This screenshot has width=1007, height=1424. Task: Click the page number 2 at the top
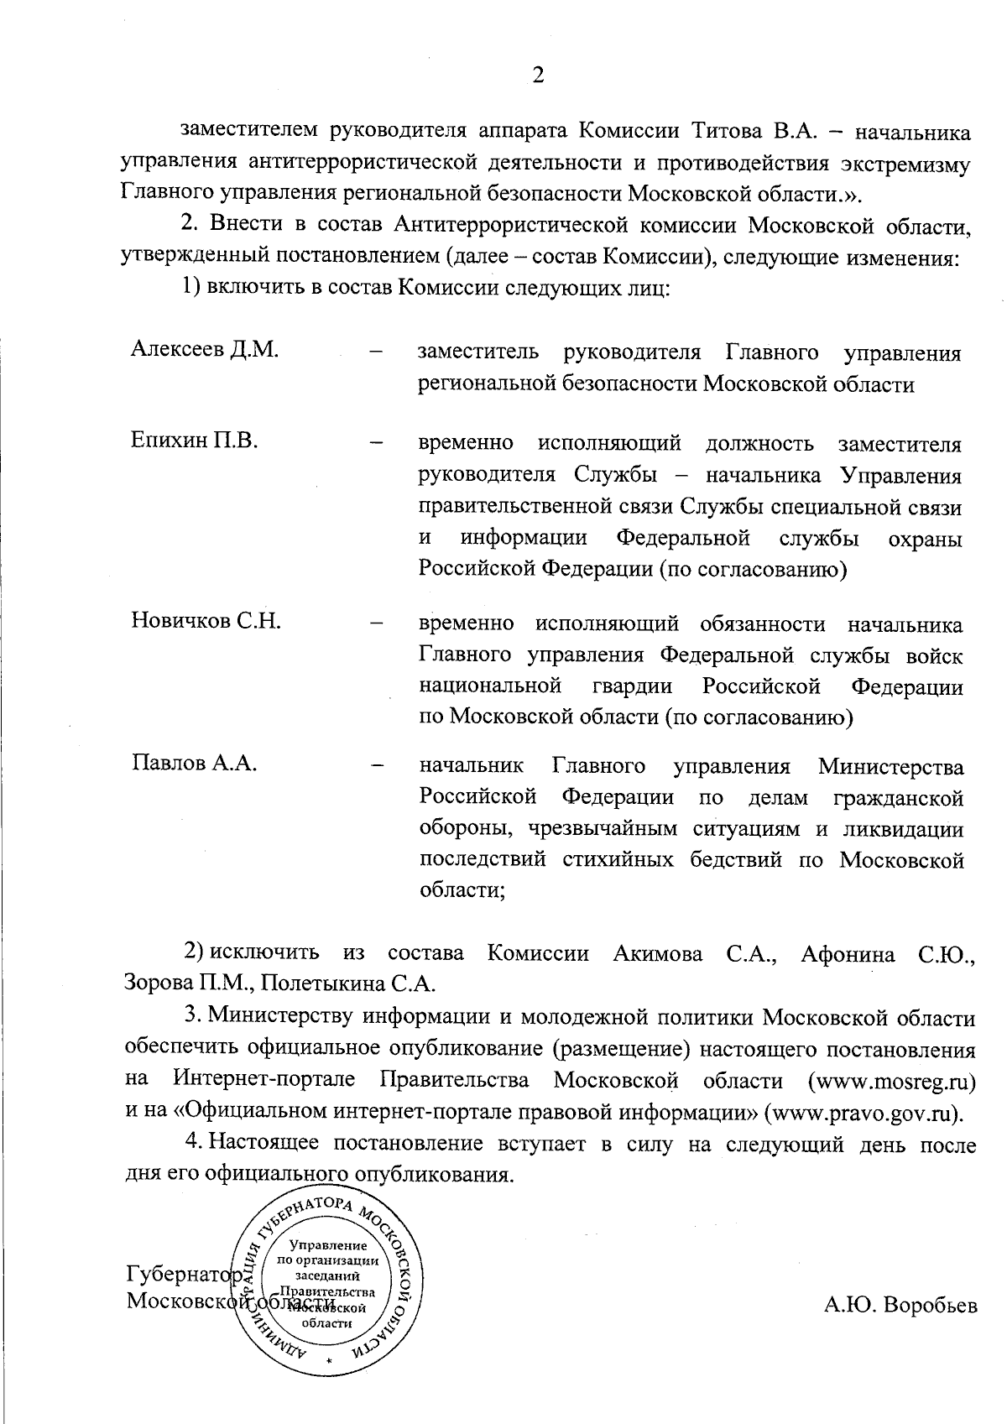tap(538, 76)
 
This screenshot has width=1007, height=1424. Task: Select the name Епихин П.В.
tap(195, 440)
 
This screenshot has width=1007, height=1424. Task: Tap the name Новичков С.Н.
tap(206, 621)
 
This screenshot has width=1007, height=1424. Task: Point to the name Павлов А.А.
tap(195, 764)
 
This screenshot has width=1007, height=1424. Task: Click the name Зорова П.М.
tap(180, 983)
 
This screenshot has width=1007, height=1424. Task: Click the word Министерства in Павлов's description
tap(890, 766)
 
